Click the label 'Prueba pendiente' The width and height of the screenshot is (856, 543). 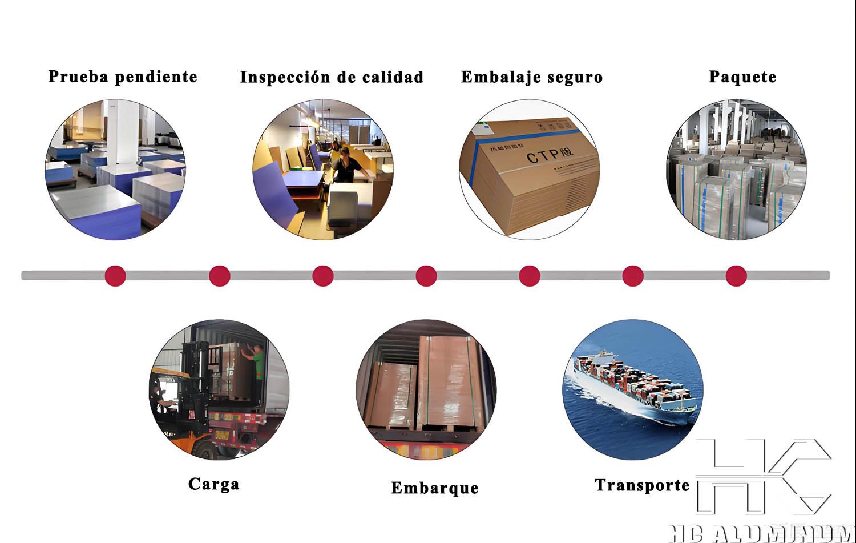[123, 77]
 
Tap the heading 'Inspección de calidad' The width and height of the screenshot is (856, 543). [332, 77]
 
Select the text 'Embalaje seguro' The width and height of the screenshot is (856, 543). [531, 77]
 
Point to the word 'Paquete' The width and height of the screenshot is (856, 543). [742, 77]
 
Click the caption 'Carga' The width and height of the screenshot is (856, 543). [213, 484]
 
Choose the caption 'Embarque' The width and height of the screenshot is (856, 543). [434, 488]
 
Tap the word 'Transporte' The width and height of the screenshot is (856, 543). [642, 485]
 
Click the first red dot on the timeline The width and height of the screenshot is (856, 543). [115, 275]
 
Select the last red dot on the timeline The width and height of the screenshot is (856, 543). [736, 275]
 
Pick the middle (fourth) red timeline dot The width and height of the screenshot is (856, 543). [426, 275]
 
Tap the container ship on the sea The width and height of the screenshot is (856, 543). [633, 383]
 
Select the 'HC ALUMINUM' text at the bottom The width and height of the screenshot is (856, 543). [762, 533]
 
